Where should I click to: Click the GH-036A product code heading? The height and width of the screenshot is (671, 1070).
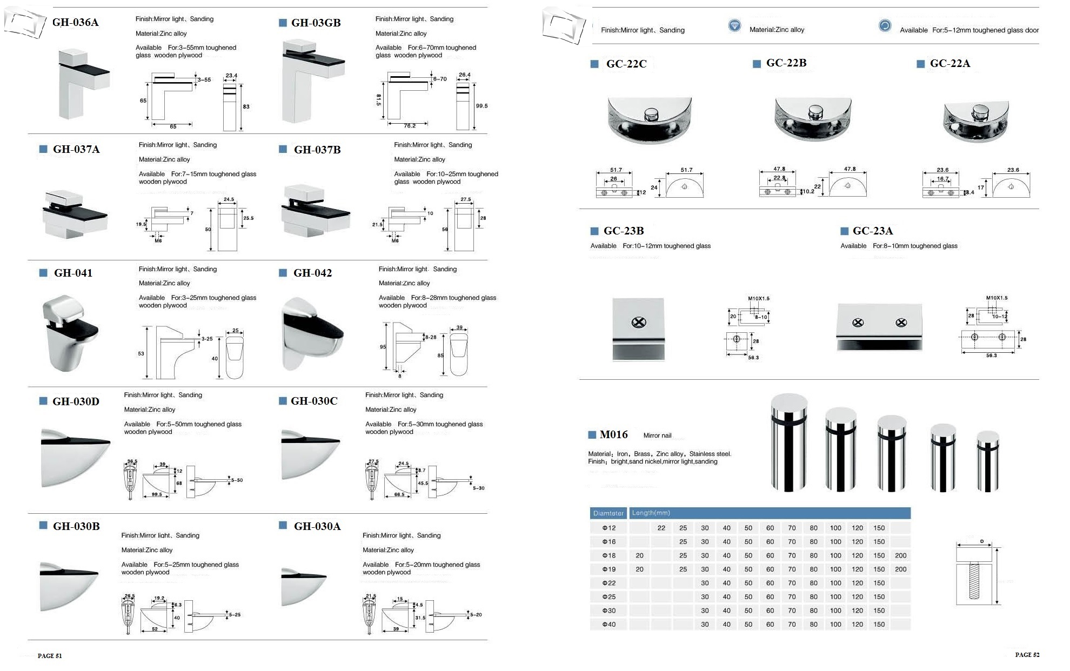pos(75,22)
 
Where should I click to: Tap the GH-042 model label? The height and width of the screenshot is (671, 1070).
pos(312,273)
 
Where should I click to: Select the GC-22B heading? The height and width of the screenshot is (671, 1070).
pos(786,63)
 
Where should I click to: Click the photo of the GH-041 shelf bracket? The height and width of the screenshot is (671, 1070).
pos(69,332)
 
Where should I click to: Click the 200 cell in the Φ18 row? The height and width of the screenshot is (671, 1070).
pos(900,555)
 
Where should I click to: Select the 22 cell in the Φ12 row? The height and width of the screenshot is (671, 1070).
pos(661,528)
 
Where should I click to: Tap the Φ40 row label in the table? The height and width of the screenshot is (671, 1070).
pos(609,625)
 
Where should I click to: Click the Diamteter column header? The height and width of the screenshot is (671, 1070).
pos(608,513)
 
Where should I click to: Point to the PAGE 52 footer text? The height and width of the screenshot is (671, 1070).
pos(1027,655)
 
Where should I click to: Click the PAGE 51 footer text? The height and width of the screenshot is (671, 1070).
pos(50,656)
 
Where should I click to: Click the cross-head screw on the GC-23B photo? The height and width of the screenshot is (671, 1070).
pos(639,323)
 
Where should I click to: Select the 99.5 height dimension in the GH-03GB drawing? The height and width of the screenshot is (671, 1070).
pos(482,106)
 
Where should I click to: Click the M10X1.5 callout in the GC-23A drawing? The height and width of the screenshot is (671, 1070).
pos(997,298)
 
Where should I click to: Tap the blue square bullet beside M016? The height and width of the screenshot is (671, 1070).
pos(592,435)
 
